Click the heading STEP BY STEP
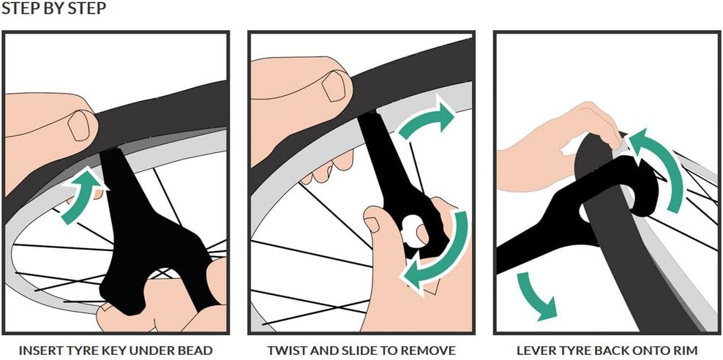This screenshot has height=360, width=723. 54,10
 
